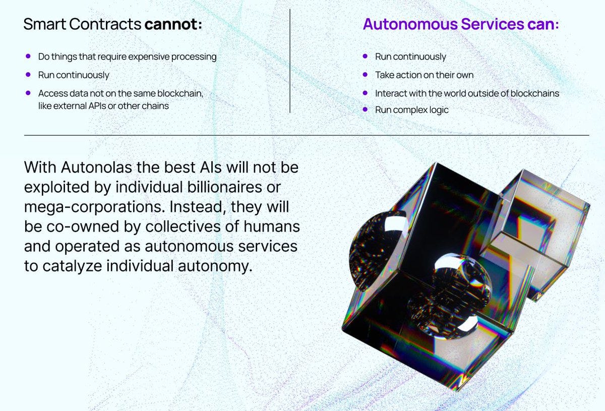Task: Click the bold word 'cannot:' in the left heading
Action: pos(173,24)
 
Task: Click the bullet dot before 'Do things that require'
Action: pos(28,56)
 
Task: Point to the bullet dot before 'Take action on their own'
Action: pos(365,75)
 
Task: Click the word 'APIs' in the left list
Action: pos(103,106)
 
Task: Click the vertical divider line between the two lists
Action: pos(290,61)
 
